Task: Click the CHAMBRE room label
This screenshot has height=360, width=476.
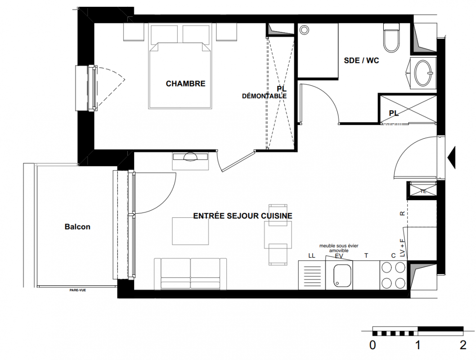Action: pyautogui.click(x=185, y=83)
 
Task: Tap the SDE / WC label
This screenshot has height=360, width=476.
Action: pyautogui.click(x=361, y=60)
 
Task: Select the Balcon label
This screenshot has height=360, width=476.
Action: pyautogui.click(x=77, y=227)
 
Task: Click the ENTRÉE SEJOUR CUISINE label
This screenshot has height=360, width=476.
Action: pyautogui.click(x=242, y=216)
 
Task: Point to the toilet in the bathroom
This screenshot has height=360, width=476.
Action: pyautogui.click(x=391, y=38)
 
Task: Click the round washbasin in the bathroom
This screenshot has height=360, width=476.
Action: pyautogui.click(x=423, y=73)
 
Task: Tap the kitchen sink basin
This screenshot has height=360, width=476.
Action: pyautogui.click(x=342, y=275)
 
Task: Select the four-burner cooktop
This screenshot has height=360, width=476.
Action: pyautogui.click(x=393, y=275)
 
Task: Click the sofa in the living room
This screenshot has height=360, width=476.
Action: pyautogui.click(x=190, y=274)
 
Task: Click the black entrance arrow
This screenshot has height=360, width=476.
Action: pyautogui.click(x=452, y=157)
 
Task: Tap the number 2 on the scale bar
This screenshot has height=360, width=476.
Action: pyautogui.click(x=463, y=345)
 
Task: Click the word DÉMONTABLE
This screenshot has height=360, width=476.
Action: pyautogui.click(x=264, y=96)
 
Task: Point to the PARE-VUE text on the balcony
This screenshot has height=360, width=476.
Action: pyautogui.click(x=78, y=290)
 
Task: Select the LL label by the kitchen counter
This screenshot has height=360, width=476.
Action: pyautogui.click(x=311, y=256)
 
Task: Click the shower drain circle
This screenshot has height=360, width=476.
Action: pyautogui.click(x=304, y=30)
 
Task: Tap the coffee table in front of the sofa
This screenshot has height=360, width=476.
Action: pyautogui.click(x=190, y=231)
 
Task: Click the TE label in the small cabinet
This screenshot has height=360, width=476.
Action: pyautogui.click(x=423, y=192)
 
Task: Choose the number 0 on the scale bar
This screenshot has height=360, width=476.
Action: pyautogui.click(x=373, y=345)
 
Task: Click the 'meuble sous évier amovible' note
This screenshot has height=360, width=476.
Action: pyautogui.click(x=339, y=248)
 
